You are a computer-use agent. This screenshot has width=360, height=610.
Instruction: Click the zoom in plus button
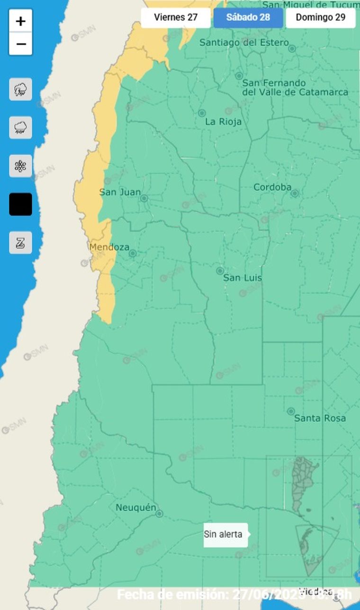click(x=21, y=21)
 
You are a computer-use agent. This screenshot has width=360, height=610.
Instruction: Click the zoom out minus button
click(x=21, y=44)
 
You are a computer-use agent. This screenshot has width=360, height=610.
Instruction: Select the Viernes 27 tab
click(x=175, y=18)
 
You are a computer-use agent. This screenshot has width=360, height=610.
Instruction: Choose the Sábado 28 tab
click(x=248, y=18)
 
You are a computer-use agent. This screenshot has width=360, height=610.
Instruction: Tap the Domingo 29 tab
click(x=321, y=18)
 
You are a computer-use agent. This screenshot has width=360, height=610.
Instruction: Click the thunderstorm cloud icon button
click(x=21, y=89)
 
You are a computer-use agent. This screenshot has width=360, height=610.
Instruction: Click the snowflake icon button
click(x=21, y=166)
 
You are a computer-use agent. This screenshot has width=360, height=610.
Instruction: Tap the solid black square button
click(x=21, y=205)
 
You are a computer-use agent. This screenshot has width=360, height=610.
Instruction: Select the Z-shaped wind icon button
click(x=21, y=243)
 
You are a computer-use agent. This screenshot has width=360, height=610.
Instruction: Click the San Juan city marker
click(x=144, y=198)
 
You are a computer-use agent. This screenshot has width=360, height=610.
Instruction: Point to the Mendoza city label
click(x=109, y=247)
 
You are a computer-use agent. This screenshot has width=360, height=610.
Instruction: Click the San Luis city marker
click(x=220, y=271)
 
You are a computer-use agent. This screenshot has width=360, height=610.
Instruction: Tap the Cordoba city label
click(x=272, y=187)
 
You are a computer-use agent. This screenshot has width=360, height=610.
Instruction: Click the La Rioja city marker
click(x=202, y=113)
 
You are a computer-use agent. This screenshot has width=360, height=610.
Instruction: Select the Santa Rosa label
click(x=320, y=418)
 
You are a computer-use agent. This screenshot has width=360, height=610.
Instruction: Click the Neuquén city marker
click(x=160, y=513)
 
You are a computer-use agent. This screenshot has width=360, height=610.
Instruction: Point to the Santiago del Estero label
click(x=244, y=43)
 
